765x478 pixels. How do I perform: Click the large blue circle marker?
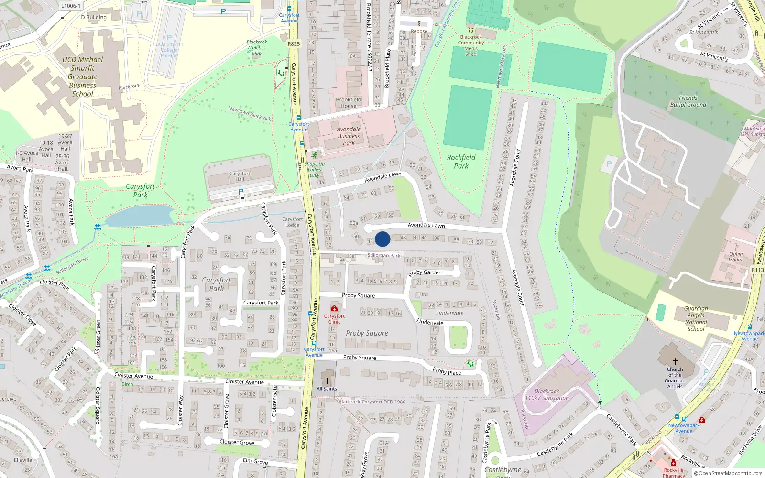(x=382, y=239)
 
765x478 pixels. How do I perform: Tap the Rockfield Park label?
(x=461, y=162)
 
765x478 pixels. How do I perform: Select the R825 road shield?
(x=294, y=44)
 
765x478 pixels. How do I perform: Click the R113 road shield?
(x=757, y=270)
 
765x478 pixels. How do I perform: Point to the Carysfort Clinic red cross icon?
(x=334, y=309)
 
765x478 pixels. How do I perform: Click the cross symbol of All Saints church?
(x=327, y=381)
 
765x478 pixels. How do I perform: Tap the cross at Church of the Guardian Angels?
(x=675, y=361)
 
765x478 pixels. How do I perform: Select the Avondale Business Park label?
(x=349, y=136)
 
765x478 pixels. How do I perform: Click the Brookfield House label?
(x=349, y=103)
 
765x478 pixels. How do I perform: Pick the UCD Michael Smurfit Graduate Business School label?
(x=83, y=76)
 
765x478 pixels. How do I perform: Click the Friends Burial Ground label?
(x=688, y=101)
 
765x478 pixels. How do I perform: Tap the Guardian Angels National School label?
(x=696, y=319)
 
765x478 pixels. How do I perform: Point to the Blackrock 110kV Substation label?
(x=547, y=394)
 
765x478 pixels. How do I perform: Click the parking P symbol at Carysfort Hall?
(x=241, y=192)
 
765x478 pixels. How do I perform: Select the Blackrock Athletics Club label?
(x=257, y=48)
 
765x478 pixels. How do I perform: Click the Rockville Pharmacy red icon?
(x=674, y=463)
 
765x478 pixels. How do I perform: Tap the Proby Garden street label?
(x=425, y=272)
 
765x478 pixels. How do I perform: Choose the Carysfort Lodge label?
(x=292, y=222)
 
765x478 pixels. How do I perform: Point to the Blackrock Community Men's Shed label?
(x=471, y=45)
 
